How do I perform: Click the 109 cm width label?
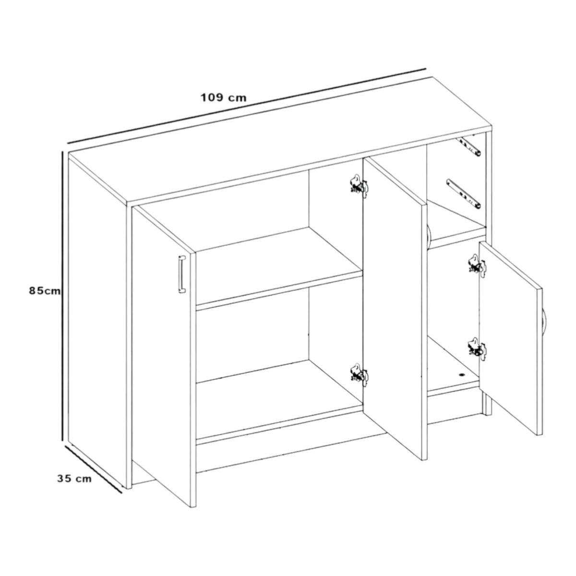pos(224,98)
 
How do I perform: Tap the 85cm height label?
pos(45,290)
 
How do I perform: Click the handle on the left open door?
pos(182,274)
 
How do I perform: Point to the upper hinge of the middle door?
pos(359,186)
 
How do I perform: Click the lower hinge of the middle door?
pos(359,375)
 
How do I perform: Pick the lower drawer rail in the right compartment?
pos(464,194)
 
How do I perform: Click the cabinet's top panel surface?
pos(280,141)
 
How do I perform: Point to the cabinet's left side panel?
pos(97,323)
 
